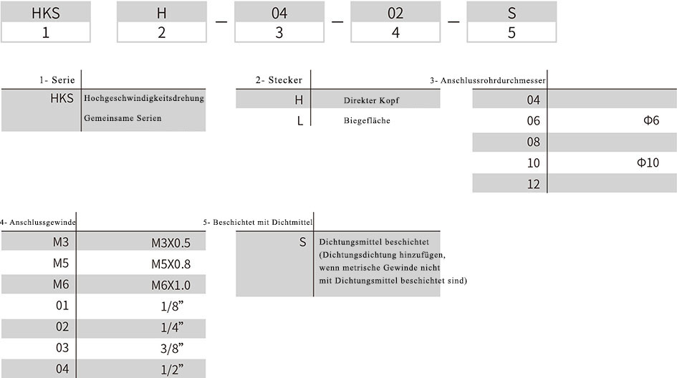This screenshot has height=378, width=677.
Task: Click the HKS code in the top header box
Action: click(46, 13)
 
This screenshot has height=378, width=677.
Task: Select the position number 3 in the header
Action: click(279, 32)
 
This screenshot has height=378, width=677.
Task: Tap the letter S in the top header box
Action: click(512, 13)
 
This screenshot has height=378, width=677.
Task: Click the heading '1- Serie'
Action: click(57, 80)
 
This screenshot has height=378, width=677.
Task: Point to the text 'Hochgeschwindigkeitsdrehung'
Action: click(144, 98)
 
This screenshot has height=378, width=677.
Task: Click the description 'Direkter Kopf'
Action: click(371, 100)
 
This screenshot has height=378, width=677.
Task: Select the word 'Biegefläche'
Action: click(367, 120)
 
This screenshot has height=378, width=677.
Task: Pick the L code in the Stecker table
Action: click(300, 121)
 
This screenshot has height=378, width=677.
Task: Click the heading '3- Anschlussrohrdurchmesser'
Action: click(488, 80)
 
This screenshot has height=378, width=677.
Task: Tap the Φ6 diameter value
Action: click(651, 120)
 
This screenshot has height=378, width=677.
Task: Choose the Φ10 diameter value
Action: click(648, 163)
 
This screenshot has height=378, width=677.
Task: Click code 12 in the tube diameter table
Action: click(533, 184)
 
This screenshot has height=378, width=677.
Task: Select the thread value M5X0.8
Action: click(171, 264)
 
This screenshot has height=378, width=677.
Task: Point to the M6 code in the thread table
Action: click(61, 284)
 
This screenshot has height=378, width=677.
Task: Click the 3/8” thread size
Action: click(172, 348)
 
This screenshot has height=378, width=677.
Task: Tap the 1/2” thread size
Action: click(172, 369)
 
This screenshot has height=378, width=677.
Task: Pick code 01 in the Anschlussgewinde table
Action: click(62, 306)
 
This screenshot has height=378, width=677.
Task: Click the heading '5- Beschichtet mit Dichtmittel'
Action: click(258, 222)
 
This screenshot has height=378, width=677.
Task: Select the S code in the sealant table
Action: click(302, 242)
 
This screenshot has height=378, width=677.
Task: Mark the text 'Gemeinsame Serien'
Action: click(123, 118)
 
